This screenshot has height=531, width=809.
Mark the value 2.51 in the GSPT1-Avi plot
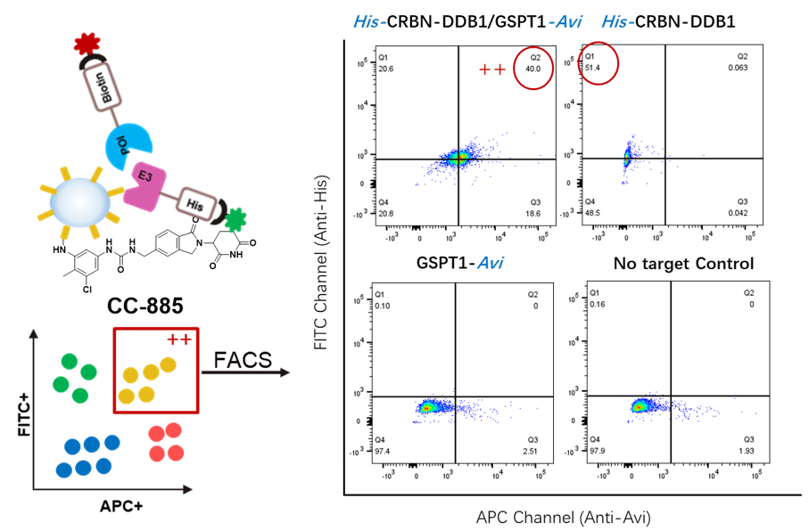point(532,448)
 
